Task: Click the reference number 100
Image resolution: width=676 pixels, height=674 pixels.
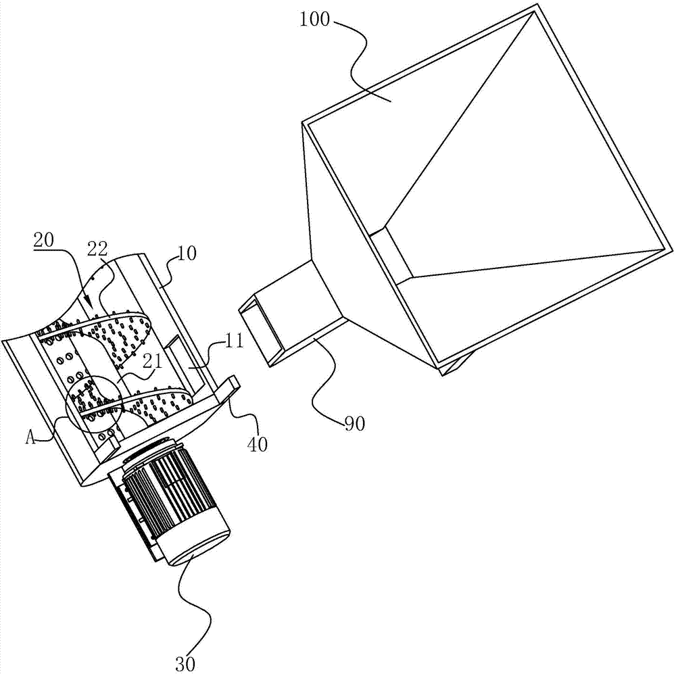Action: (x=314, y=20)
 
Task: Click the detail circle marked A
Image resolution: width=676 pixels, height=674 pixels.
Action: (x=91, y=406)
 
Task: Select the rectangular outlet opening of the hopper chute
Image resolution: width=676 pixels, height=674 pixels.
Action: (x=260, y=331)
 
